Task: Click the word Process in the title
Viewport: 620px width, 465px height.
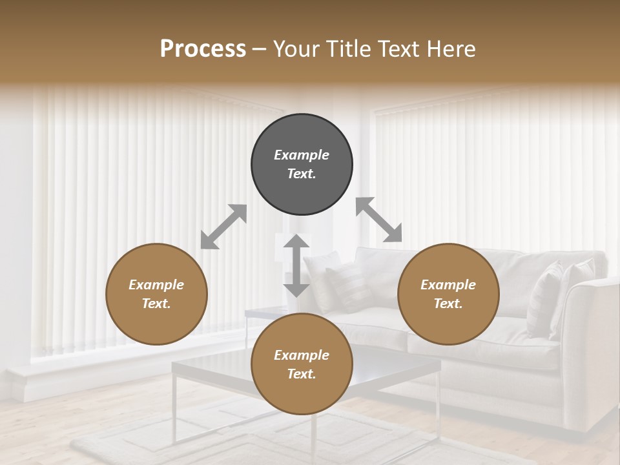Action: (203, 49)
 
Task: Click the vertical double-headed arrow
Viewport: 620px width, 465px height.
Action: (296, 265)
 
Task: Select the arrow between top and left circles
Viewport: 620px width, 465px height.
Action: (223, 227)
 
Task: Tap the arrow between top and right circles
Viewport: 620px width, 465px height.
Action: (379, 220)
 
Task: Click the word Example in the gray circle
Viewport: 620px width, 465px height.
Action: (302, 155)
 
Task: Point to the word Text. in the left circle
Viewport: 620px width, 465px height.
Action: (156, 304)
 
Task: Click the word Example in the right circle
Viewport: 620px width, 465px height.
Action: (448, 285)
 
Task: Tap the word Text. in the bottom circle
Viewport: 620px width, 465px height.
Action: (302, 374)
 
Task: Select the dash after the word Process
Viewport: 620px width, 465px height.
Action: (259, 50)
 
